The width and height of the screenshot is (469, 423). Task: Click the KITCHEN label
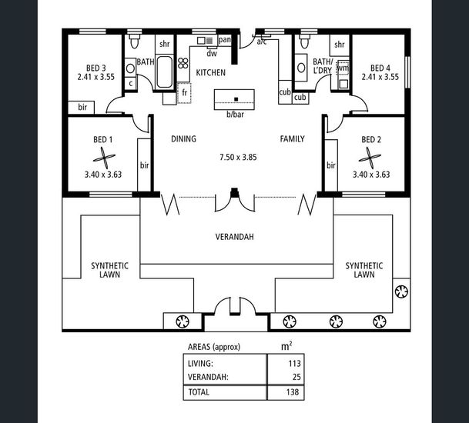(x=210, y=72)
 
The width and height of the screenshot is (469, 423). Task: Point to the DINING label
(x=183, y=139)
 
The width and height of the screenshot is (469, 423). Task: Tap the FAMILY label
(x=292, y=139)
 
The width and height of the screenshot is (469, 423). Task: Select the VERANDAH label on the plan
(x=235, y=237)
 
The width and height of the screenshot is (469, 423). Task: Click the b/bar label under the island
(x=234, y=115)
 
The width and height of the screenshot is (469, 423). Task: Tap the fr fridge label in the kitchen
(x=185, y=93)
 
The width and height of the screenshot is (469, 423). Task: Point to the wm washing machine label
(x=343, y=68)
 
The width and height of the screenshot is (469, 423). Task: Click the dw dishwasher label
(x=211, y=53)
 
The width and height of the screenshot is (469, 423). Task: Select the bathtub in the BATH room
(x=165, y=75)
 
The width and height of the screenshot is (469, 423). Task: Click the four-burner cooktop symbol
(x=183, y=64)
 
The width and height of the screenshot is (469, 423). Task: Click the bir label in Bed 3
(x=82, y=106)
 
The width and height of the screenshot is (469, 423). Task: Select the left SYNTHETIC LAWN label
(x=110, y=269)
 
